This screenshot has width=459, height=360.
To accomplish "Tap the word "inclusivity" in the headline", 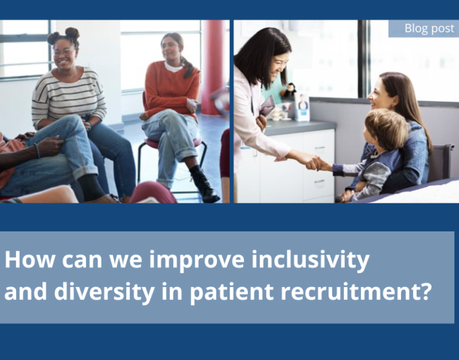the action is point(311,260).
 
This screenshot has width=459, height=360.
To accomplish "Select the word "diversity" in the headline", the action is point(104,291).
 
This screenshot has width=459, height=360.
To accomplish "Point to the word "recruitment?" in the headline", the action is point(356,292).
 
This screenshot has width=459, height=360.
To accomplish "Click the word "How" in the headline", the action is point(29,260).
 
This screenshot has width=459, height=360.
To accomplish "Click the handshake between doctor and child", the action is point(316,163).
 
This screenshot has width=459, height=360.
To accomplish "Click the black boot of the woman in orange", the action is point(204,184).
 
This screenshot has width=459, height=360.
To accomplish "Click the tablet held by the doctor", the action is point(268,105).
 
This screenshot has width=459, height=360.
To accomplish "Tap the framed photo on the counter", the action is point(302,106).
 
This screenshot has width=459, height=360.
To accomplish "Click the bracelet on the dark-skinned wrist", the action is point(36,151).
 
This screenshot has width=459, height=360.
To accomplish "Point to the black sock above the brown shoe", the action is point(91,187).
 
